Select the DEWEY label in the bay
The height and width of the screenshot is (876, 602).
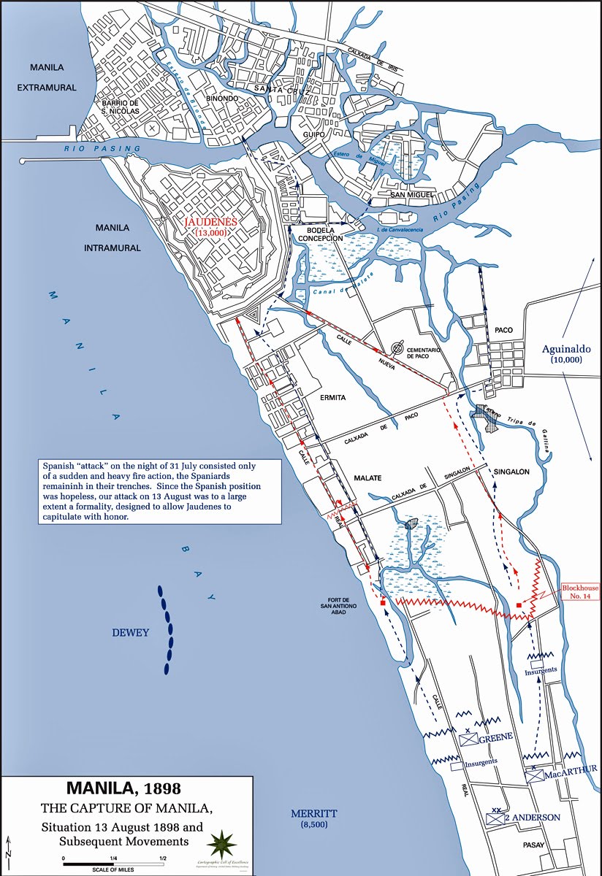(x=130, y=633)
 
